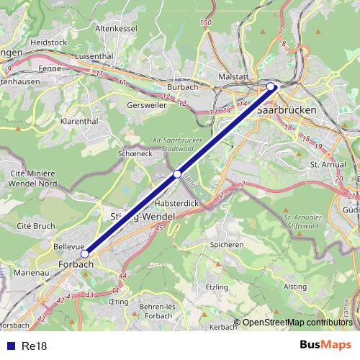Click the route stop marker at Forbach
84,253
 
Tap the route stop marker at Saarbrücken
271,86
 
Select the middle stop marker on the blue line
177,174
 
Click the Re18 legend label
34,346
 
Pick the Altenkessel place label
116,27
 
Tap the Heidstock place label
49,42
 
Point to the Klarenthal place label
79,122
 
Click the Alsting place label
295,286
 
